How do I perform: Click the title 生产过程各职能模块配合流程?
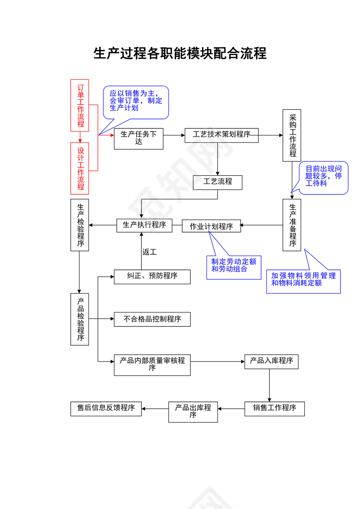tap(180, 54)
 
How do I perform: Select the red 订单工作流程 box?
tap(80, 105)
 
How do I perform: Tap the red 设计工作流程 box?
tap(80, 168)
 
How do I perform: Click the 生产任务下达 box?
tap(138, 138)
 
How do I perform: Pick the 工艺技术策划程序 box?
tap(221, 135)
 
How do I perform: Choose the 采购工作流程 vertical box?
tap(292, 135)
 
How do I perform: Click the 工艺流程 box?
tap(217, 182)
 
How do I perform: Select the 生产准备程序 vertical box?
tap(292, 225)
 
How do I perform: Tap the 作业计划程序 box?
tap(211, 226)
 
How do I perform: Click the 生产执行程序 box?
tap(144, 225)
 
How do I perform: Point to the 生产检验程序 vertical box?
tap(80, 225)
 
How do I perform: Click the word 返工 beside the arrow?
tap(150, 252)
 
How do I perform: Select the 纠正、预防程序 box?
tap(152, 276)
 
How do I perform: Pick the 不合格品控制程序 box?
tap(152, 319)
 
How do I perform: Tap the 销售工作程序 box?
tap(274, 408)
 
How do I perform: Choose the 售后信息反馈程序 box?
tap(106, 408)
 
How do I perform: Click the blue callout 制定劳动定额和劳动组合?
tap(233, 266)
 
